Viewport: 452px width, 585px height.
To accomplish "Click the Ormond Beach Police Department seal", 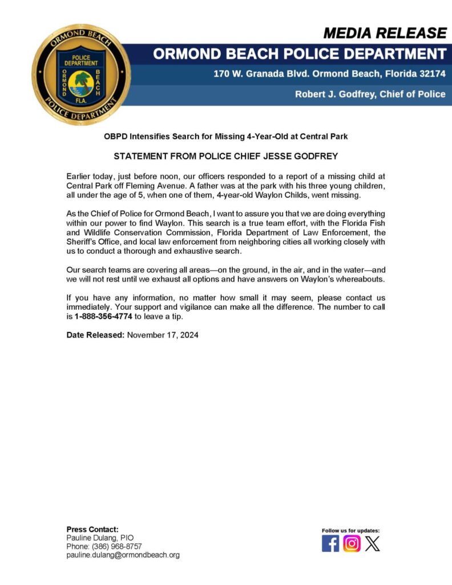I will click(x=81, y=75).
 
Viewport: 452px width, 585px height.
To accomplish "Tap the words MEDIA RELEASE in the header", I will click(x=385, y=33).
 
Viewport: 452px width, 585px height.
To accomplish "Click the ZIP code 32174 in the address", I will click(x=430, y=74).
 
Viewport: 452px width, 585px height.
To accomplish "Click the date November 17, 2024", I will click(x=163, y=335).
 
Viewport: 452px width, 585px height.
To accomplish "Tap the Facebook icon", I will click(x=330, y=543).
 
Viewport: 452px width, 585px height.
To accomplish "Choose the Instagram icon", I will click(x=352, y=543).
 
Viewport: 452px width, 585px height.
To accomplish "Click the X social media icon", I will click(x=372, y=543).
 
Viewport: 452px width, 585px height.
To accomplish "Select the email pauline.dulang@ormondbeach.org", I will click(x=123, y=555).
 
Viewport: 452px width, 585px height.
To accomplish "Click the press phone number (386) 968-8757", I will click(x=117, y=546).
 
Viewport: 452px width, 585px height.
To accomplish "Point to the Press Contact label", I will click(x=92, y=529).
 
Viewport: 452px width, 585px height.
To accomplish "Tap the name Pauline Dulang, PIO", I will click(x=100, y=538).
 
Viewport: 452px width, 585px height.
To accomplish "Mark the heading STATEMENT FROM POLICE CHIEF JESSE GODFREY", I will click(x=226, y=155).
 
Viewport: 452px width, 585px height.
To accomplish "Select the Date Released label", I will click(x=95, y=335).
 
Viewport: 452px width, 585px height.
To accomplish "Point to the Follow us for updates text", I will click(x=351, y=531).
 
